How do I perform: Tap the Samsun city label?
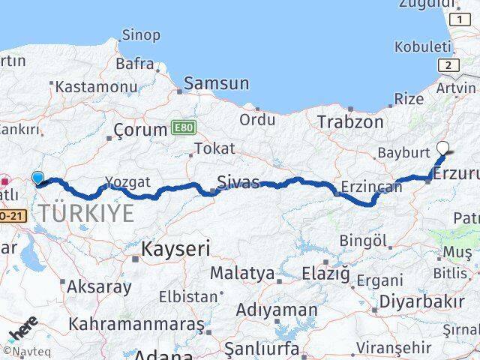click(216, 83)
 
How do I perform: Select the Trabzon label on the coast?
click(350, 121)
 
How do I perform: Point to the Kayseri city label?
click(176, 249)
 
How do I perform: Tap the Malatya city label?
click(241, 274)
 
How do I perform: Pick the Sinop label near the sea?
click(141, 35)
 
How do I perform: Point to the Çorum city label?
click(140, 130)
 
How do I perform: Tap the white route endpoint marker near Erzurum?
click(442, 148)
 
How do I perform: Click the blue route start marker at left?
click(38, 178)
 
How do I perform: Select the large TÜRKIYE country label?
click(87, 213)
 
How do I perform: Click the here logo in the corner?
click(23, 330)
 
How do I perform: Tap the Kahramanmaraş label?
click(136, 325)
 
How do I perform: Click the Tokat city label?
click(215, 148)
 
